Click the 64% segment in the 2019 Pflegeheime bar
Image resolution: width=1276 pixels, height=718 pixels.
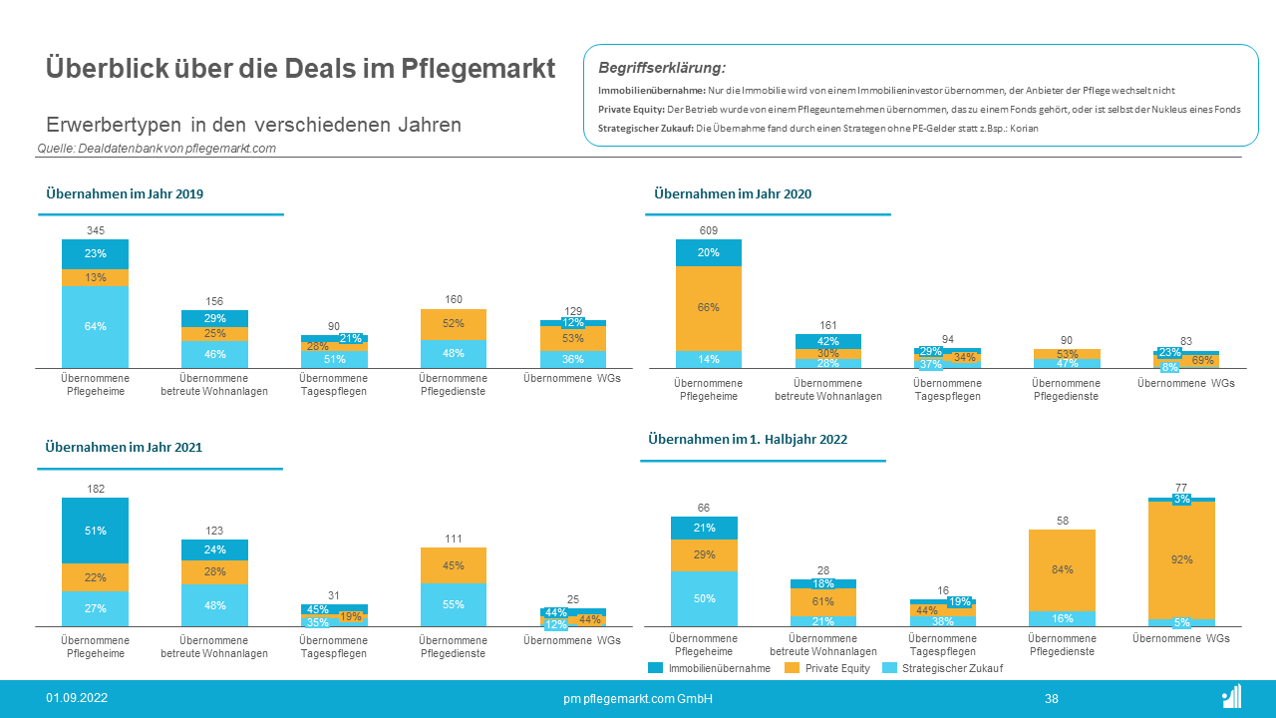point(96,326)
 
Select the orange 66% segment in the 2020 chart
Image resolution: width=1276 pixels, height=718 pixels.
point(709,308)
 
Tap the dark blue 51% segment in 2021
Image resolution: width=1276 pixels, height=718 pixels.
point(96,531)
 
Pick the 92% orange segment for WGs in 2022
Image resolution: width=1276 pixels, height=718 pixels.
point(1181,559)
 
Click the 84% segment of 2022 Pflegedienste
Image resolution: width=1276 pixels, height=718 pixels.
point(1062,569)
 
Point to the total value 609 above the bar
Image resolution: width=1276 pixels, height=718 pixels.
point(709,231)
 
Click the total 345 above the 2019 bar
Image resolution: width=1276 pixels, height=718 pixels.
point(96,231)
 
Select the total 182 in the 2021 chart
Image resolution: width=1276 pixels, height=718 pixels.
point(96,490)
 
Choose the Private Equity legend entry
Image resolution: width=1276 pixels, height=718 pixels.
point(826,668)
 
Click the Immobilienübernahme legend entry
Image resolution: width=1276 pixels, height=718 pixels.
point(709,668)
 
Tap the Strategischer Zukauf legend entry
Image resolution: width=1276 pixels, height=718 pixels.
point(941,668)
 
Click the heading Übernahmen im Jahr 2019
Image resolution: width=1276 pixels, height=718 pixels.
point(125,194)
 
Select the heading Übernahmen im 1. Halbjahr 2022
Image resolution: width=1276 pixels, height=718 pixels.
point(748,439)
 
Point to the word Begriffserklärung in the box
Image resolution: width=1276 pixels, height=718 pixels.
point(661,68)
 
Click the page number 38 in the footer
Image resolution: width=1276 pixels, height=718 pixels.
point(1052,699)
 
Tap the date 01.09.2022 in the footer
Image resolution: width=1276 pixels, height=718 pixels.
point(77,698)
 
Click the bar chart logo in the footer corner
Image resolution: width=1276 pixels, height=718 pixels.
point(1231,697)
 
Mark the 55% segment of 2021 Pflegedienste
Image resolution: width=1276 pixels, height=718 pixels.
point(454,604)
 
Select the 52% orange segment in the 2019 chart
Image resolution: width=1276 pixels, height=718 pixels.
point(454,324)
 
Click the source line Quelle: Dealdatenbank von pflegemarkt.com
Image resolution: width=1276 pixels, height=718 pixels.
point(157,149)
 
